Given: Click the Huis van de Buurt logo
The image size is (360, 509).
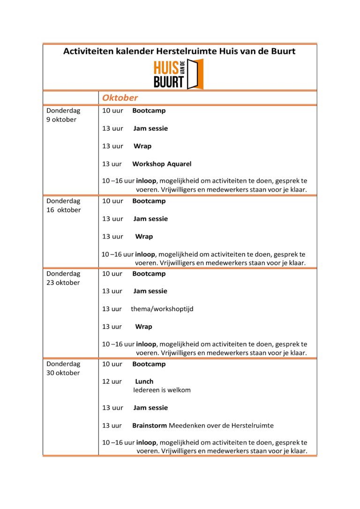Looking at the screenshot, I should tap(178, 74).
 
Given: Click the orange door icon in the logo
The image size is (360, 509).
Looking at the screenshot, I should tap(195, 74).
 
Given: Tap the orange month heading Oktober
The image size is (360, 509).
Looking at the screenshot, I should tap(120, 98).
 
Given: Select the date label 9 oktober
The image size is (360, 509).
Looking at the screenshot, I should tap(61, 120).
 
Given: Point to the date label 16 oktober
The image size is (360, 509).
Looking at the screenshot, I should tap(63, 210).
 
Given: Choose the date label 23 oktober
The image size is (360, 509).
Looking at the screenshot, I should tap(63, 283).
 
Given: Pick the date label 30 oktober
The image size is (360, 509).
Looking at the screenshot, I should tap(63, 373).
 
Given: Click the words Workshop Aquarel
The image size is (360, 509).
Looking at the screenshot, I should tap(162, 164).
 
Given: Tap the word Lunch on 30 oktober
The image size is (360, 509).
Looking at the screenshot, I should tap(144, 382).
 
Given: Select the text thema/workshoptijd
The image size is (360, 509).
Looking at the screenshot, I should tap(162, 309).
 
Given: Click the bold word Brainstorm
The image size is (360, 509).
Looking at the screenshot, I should tap(150, 426).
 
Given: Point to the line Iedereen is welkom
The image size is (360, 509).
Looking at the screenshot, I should tap(162, 390).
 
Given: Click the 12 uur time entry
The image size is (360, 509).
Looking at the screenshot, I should tap(112, 382).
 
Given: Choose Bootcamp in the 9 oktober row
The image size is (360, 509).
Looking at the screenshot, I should tap(149, 111).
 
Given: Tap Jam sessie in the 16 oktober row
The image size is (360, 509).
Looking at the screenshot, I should tap(150, 219).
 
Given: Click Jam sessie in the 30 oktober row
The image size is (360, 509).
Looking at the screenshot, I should tap(150, 408).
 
